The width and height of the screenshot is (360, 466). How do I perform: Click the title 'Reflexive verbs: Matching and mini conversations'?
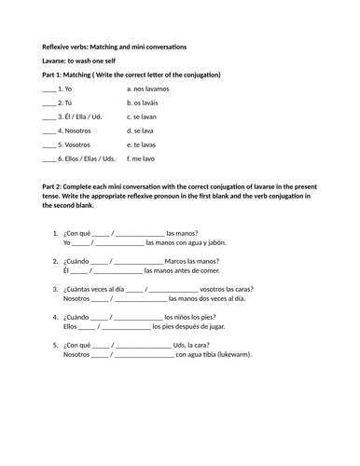(x=114, y=47)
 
